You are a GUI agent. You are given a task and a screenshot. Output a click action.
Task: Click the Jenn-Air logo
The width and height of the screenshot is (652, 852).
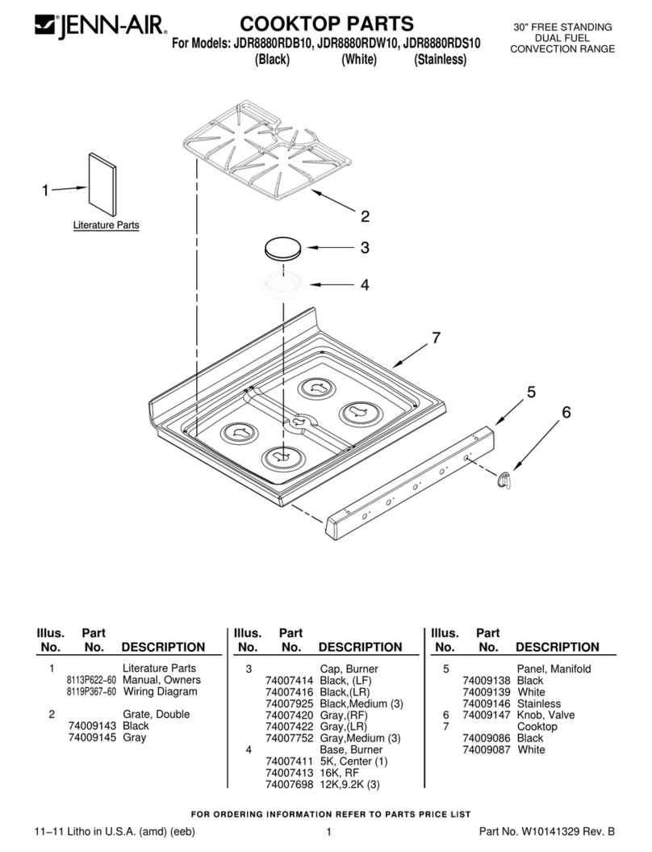click(101, 26)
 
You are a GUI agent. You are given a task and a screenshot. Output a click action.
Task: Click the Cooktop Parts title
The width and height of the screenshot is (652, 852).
click(327, 23)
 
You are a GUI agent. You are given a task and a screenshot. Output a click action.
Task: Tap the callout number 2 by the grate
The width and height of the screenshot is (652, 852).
click(365, 216)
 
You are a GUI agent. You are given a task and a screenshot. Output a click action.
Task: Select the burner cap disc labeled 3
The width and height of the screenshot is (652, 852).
click(283, 249)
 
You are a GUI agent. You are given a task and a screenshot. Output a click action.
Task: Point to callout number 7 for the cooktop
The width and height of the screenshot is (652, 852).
click(436, 338)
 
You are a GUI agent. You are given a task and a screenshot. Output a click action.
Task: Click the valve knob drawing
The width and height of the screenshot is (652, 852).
click(505, 479)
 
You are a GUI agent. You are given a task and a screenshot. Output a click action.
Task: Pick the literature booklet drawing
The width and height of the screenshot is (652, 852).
click(102, 184)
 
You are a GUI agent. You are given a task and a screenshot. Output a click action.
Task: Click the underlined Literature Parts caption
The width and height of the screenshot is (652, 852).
click(106, 225)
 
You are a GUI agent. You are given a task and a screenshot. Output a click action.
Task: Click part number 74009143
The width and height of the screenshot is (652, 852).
click(92, 726)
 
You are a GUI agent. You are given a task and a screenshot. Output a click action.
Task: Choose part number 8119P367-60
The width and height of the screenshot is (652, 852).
click(91, 692)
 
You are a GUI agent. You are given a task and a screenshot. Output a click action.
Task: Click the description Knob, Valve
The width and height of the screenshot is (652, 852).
click(545, 715)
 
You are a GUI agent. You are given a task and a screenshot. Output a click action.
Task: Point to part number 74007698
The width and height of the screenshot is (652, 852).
click(290, 784)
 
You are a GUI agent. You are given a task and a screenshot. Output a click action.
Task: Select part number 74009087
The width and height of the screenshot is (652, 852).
click(487, 749)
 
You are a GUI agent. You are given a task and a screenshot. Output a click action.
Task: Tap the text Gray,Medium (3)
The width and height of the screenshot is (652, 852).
click(360, 738)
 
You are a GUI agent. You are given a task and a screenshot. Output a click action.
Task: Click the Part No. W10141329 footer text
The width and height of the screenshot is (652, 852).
click(547, 831)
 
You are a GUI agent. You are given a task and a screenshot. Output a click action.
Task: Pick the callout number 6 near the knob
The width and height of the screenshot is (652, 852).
click(566, 413)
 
